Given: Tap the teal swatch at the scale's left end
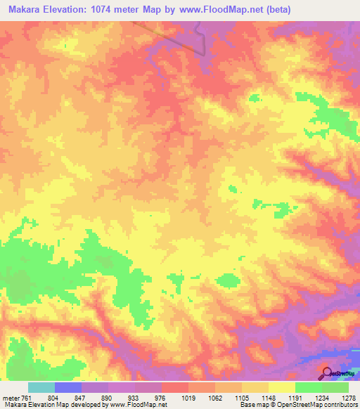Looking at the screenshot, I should tap(41, 387).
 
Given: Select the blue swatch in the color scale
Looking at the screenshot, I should tap(68, 387).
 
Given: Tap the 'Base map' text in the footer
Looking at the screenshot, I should tap(253, 405).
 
